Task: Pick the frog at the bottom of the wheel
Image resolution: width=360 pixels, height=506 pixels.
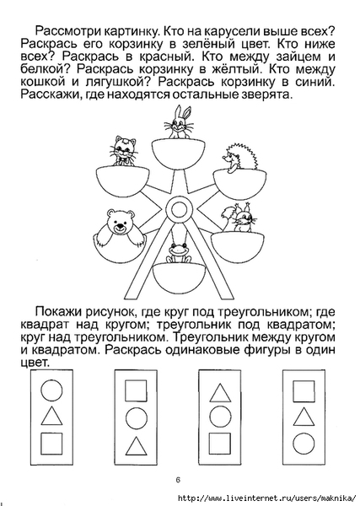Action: [x=179, y=253]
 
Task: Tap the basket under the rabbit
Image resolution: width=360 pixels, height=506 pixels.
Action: [x=178, y=154]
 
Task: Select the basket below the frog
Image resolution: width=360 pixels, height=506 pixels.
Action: [x=179, y=277]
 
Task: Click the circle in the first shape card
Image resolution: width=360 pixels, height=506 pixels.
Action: [x=51, y=390]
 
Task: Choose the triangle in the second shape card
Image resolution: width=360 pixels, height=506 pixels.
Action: [x=136, y=446]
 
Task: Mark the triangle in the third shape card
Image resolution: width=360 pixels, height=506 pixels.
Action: [x=220, y=393]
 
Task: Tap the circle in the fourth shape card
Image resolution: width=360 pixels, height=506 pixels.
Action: [x=304, y=444]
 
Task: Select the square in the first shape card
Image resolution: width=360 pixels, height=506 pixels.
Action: [x=51, y=444]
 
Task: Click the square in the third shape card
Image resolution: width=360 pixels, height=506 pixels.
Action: [x=220, y=444]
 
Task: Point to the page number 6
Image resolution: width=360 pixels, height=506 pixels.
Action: [x=178, y=480]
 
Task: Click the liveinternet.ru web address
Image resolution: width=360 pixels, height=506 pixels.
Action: [x=266, y=498]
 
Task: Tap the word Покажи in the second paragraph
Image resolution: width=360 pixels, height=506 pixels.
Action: [x=57, y=312]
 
